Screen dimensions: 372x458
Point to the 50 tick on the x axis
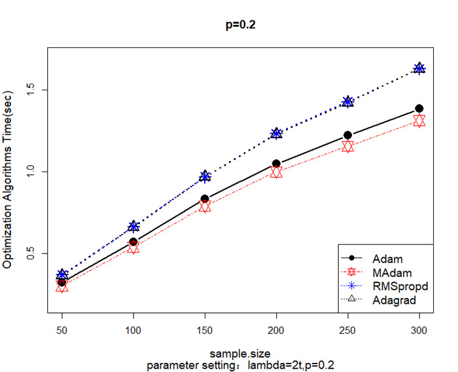62,333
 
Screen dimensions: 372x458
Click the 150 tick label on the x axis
205,333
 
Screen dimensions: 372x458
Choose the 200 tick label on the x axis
276,333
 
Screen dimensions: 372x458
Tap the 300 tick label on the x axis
419,333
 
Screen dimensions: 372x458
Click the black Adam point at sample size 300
419,108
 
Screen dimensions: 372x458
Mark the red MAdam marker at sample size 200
276,172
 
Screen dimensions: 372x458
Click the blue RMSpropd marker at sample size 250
347,102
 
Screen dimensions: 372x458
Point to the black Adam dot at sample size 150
205,198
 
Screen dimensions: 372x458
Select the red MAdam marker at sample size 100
133,248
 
